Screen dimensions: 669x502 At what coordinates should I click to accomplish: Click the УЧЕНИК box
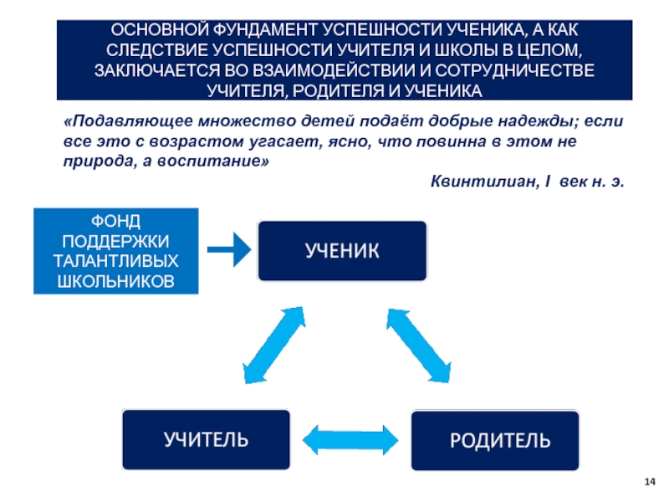tap(342, 250)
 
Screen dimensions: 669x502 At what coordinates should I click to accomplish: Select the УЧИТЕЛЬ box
tap(206, 439)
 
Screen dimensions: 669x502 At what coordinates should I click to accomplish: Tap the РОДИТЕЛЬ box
tap(495, 440)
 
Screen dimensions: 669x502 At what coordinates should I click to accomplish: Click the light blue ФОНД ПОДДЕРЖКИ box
tap(116, 251)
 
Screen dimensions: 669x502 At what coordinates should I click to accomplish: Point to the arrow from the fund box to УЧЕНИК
tap(229, 249)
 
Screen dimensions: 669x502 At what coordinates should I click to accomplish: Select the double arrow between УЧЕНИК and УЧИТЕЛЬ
tap(274, 345)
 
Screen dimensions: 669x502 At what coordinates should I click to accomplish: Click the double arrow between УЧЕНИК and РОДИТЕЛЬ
tap(419, 346)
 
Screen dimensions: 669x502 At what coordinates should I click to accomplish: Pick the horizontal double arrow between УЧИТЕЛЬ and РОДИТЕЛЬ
tap(350, 440)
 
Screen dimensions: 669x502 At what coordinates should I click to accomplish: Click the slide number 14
tap(650, 482)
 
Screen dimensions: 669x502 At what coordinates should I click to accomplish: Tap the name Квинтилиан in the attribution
tap(485, 182)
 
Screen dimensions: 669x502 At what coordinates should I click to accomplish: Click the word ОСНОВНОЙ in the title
tap(160, 30)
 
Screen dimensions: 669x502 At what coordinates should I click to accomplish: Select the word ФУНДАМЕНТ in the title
tap(265, 30)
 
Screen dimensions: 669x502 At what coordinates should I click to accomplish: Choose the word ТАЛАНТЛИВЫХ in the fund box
tap(116, 261)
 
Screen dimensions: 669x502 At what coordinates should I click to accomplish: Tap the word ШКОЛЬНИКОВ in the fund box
tap(116, 281)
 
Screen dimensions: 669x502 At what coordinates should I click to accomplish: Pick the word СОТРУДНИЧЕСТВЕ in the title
tap(515, 70)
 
